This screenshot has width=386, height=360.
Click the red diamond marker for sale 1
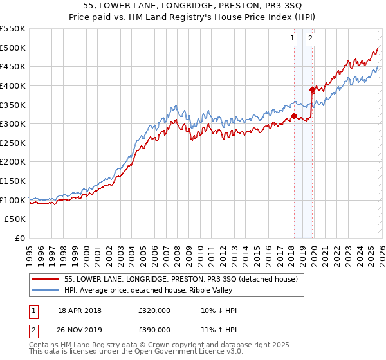pos(294,116)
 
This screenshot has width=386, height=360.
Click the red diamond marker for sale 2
pos(313,89)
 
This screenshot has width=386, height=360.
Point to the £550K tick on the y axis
pos(14,29)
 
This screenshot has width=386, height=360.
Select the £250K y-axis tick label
pos(14,143)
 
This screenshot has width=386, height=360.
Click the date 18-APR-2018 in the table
pos(80,310)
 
